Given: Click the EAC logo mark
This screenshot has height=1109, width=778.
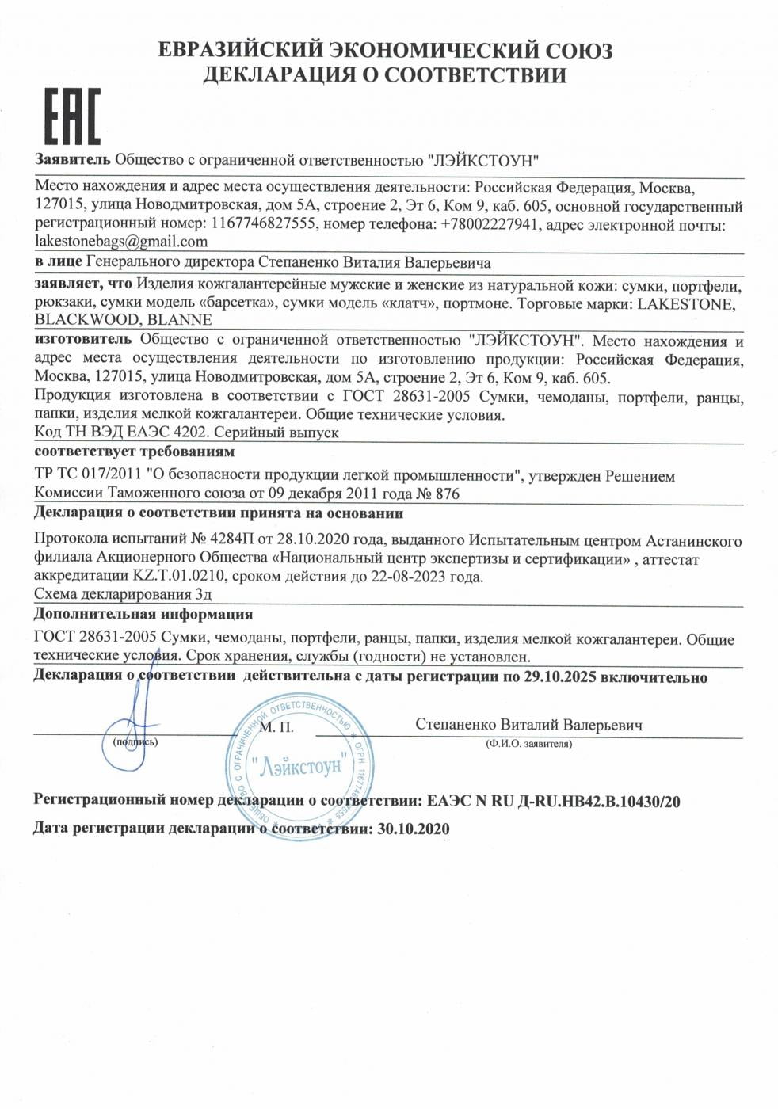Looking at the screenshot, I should point(71,116).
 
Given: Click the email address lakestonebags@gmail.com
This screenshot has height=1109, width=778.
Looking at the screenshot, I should point(121,242).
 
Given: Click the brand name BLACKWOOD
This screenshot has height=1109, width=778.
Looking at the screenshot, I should point(87,320).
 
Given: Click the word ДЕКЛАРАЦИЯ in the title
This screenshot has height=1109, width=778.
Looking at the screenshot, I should point(283,75).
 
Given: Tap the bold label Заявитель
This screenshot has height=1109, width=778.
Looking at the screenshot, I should point(72,159).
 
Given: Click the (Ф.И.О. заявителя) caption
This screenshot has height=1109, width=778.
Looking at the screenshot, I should point(528,744).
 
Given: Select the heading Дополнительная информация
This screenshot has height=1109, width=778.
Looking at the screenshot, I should point(143,614).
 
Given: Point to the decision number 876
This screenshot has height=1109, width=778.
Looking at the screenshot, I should point(447,494).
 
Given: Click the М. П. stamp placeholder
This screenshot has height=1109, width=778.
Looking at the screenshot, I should point(276,726).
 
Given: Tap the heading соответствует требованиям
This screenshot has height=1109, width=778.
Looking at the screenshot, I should point(135,452).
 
